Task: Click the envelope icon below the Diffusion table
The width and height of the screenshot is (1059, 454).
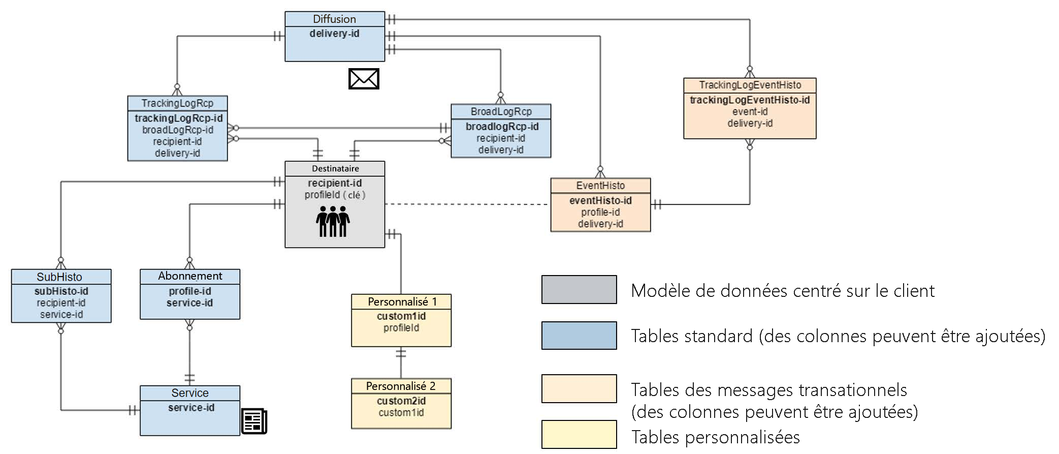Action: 364,79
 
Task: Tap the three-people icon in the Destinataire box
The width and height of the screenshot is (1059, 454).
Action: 333,221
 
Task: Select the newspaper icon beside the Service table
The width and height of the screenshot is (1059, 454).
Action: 254,421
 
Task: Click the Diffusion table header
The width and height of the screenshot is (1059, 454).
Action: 334,19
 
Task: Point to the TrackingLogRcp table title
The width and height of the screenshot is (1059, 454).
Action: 177,103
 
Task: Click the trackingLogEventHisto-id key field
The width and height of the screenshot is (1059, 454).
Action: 750,100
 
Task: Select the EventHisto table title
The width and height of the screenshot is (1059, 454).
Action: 600,186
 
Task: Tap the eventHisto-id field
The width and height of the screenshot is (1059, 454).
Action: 600,200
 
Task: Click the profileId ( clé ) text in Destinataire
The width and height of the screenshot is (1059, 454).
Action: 335,195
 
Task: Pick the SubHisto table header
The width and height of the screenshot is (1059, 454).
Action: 59,277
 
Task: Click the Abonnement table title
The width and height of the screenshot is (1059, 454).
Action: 190,276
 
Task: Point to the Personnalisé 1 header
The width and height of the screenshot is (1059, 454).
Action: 402,301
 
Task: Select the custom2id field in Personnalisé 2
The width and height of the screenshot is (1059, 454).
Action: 401,401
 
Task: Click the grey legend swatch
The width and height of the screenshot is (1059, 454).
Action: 579,289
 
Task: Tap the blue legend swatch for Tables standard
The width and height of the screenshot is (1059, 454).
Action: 579,336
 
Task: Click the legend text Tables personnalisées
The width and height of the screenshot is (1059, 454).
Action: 715,437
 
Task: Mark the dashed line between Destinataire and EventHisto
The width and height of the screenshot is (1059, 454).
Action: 467,204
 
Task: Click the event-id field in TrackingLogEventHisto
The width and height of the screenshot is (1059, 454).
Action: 750,111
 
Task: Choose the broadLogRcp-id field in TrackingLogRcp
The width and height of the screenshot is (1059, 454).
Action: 177,130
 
